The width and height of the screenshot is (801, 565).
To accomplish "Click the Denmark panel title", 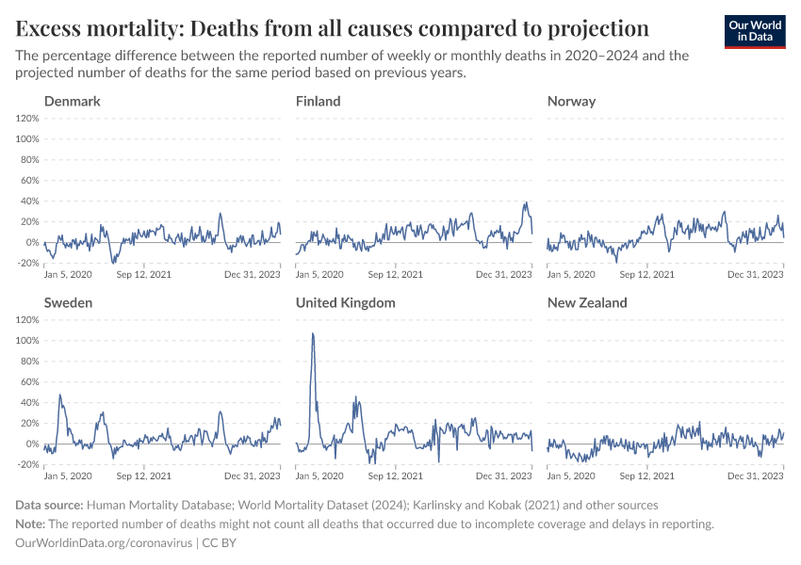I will [73, 101].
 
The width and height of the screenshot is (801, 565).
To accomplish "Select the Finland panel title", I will [319, 101].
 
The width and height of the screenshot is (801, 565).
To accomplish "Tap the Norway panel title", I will [571, 101].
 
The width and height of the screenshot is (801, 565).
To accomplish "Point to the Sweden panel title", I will [68, 302].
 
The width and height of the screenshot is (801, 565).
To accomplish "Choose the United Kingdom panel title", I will [345, 302].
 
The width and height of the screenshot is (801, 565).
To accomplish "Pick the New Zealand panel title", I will [587, 302].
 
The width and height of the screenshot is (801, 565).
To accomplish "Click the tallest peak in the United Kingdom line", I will [313, 333].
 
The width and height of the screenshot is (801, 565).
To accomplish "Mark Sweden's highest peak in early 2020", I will [60, 395].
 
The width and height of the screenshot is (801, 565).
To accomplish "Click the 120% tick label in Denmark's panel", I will [26, 118].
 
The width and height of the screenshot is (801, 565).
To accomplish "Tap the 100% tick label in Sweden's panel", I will [26, 340].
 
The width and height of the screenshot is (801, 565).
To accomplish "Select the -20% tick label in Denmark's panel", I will [26, 263].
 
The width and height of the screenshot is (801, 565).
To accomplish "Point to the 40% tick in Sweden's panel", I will [29, 402].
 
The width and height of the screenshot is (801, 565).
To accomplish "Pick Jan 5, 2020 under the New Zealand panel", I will [571, 476].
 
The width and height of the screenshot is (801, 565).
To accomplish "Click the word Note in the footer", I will [31, 524].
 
